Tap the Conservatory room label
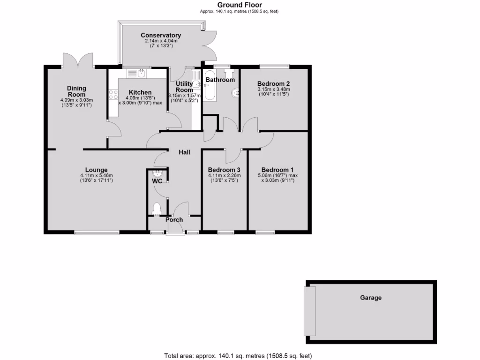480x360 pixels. coord(161,36)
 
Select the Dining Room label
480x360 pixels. coord(76,91)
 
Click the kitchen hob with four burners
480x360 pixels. coord(113,95)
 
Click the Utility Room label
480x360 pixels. coord(184,87)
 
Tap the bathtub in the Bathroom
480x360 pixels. coord(210,86)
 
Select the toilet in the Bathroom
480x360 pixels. coord(229,73)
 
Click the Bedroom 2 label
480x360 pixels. coord(273,83)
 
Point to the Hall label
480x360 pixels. coord(184,152)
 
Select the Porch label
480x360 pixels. coord(174,219)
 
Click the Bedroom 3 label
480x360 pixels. coord(224,170)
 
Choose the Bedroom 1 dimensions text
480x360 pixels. coord(277,178)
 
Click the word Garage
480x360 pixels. coord(371,298)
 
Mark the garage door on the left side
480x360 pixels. coord(310,310)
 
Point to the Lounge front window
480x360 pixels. coord(97,232)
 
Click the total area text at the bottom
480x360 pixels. coord(238,355)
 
